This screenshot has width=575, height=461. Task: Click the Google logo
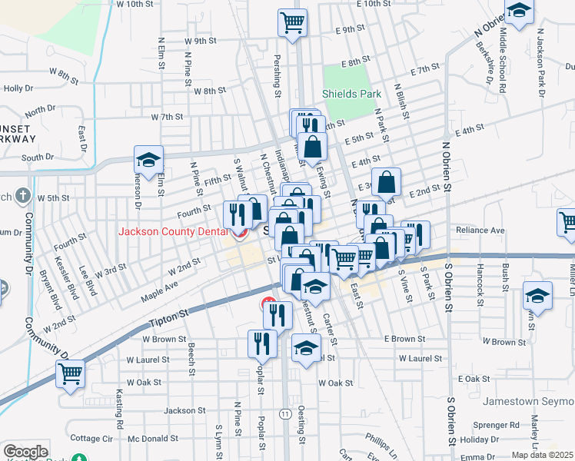click(x=25, y=452)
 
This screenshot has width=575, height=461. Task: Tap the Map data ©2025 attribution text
click(x=542, y=455)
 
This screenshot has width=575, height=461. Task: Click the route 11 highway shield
click(x=284, y=414)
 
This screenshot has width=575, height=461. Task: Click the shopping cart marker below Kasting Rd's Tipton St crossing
click(x=70, y=374)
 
